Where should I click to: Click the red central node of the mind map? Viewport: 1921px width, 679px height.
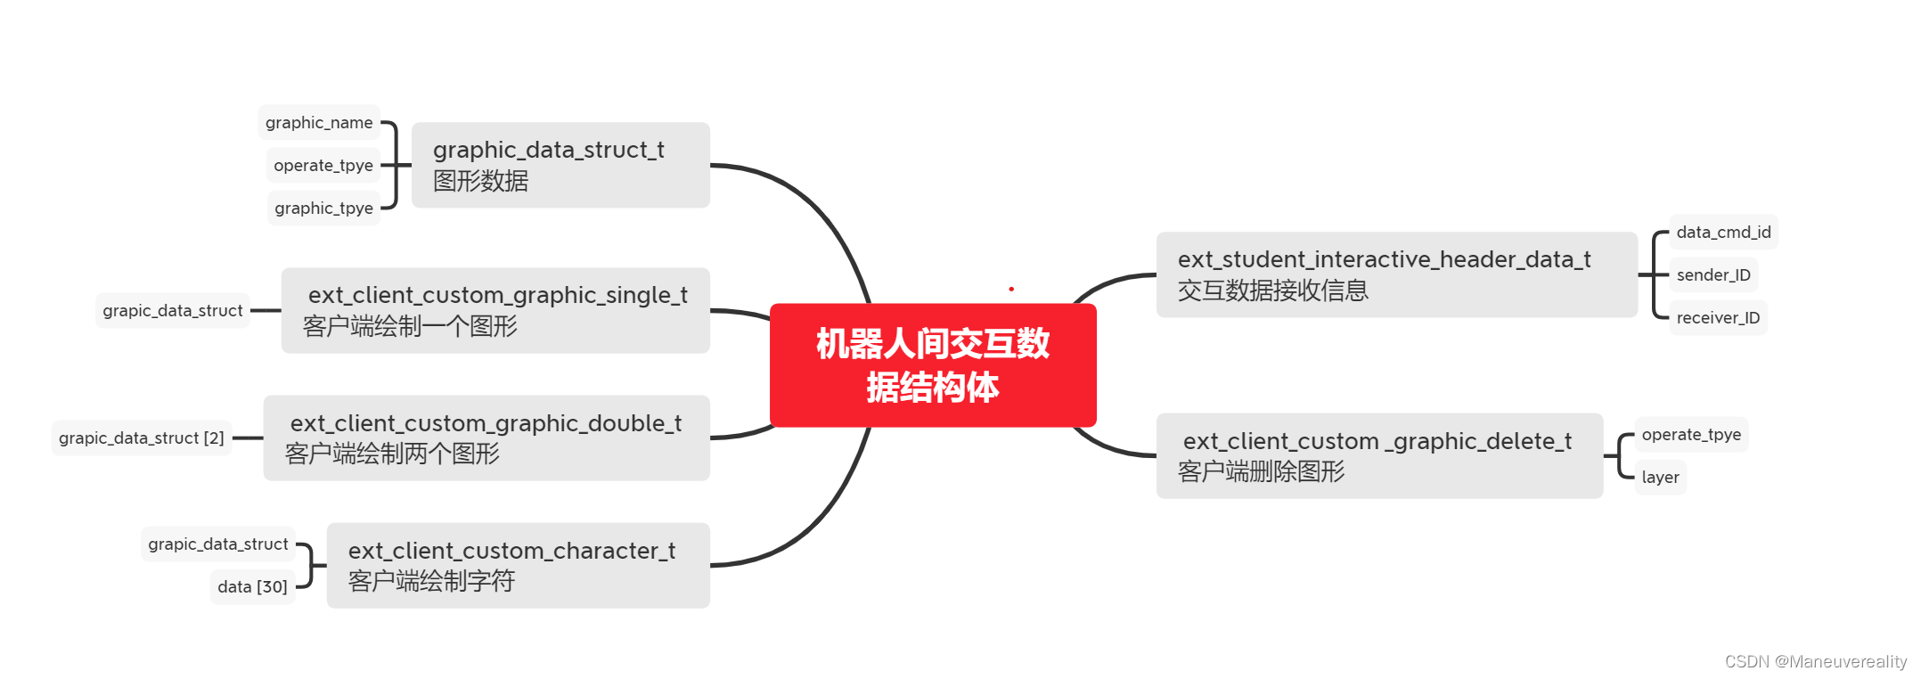click(x=933, y=365)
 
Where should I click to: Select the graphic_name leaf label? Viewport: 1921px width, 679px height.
click(x=319, y=123)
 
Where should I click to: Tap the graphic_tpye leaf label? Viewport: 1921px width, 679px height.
click(x=323, y=209)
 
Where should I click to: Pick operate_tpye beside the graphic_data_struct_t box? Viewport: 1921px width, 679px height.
click(x=323, y=166)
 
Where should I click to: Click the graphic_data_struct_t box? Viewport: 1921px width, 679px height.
click(x=560, y=165)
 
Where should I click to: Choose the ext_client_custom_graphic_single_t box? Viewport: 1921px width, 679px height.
click(x=495, y=310)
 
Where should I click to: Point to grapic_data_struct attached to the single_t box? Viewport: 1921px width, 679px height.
click(x=173, y=311)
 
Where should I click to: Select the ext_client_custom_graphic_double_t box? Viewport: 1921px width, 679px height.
click(x=486, y=438)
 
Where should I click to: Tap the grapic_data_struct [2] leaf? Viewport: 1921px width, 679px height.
click(x=142, y=438)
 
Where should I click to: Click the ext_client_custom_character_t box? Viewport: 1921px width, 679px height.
click(x=518, y=566)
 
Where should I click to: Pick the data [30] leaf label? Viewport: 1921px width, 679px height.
click(x=252, y=587)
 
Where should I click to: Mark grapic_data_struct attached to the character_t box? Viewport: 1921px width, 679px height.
click(x=218, y=544)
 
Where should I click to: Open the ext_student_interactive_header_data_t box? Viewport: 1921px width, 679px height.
click(x=1396, y=274)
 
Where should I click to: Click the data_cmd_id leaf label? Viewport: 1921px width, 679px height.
click(x=1723, y=233)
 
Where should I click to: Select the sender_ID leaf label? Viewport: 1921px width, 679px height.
click(x=1713, y=275)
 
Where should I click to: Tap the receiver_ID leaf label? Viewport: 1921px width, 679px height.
click(x=1718, y=318)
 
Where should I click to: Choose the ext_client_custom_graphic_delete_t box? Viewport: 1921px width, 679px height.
click(x=1379, y=455)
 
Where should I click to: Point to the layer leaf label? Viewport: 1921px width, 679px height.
click(x=1660, y=478)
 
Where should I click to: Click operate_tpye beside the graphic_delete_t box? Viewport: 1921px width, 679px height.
click(x=1691, y=435)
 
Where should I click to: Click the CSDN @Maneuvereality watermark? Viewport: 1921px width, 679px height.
click(x=1815, y=661)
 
